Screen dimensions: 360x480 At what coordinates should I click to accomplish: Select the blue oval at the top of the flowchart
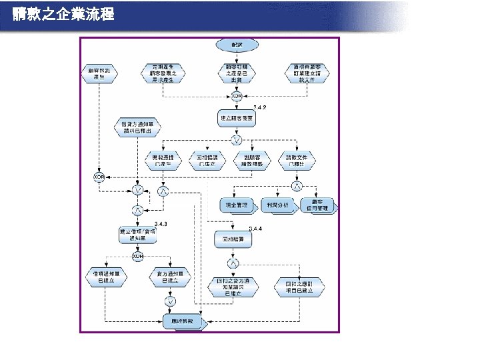click(x=236, y=44)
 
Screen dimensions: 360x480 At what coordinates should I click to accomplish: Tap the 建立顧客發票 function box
click(x=236, y=118)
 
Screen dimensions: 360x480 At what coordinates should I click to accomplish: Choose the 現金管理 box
click(x=237, y=205)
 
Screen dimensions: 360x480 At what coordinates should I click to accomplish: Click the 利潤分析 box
click(x=277, y=205)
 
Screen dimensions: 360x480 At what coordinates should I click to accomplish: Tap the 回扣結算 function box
click(x=233, y=239)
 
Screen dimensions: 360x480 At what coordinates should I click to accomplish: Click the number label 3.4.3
click(x=161, y=224)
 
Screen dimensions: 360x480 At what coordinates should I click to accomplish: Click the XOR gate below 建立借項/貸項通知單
click(x=137, y=257)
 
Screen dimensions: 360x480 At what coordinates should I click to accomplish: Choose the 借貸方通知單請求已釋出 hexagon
click(x=137, y=127)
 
